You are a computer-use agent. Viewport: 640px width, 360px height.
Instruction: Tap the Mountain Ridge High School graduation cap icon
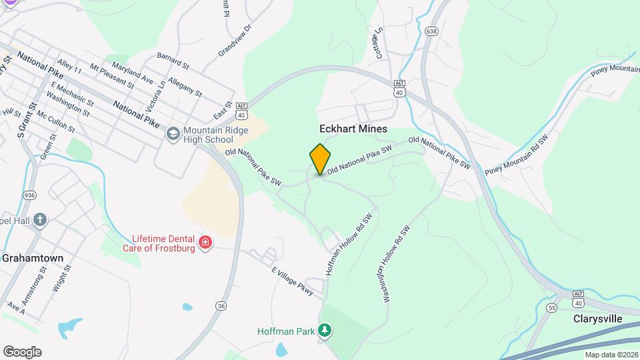(x=173, y=134)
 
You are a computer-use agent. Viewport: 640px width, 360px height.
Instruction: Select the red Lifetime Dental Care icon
(x=205, y=242)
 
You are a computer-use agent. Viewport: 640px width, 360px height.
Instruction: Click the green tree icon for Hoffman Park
(x=325, y=330)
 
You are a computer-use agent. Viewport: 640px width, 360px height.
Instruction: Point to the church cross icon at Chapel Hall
(x=40, y=220)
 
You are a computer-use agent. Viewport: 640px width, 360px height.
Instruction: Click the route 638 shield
(x=431, y=31)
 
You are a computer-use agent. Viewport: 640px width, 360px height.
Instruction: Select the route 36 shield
(x=220, y=305)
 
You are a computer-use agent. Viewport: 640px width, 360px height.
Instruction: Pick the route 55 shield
(x=551, y=307)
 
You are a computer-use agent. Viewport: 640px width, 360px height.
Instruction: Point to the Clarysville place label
(x=598, y=319)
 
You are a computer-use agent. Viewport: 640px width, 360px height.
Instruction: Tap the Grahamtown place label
(x=32, y=257)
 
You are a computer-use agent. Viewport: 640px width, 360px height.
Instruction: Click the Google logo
(x=21, y=352)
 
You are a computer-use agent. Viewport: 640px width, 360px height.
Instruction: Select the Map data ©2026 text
(x=611, y=355)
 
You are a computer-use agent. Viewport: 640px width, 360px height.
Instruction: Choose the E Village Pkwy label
(x=292, y=280)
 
